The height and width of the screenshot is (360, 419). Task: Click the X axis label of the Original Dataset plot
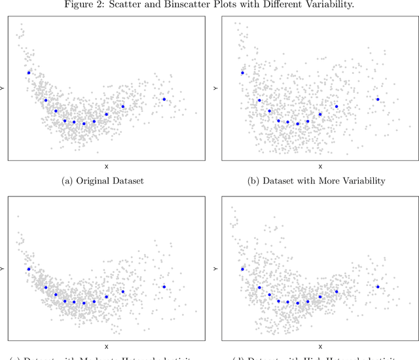[106, 167]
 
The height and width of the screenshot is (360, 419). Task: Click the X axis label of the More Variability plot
[320, 167]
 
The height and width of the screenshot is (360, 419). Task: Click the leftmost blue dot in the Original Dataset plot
[29, 73]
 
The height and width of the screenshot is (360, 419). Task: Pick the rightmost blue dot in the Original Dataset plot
[164, 99]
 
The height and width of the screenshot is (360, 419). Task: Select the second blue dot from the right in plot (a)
[122, 107]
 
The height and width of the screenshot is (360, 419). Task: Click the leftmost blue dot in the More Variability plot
[243, 73]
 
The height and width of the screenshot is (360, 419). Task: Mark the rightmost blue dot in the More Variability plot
[378, 99]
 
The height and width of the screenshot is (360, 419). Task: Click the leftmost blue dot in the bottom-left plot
[29, 269]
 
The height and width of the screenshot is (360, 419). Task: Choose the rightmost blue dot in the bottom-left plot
[164, 287]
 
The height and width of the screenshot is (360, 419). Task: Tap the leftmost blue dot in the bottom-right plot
[243, 268]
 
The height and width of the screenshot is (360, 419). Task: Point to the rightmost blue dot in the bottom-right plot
[378, 287]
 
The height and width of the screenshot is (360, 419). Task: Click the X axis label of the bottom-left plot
[106, 346]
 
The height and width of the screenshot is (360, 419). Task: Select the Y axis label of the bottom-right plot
[217, 268]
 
